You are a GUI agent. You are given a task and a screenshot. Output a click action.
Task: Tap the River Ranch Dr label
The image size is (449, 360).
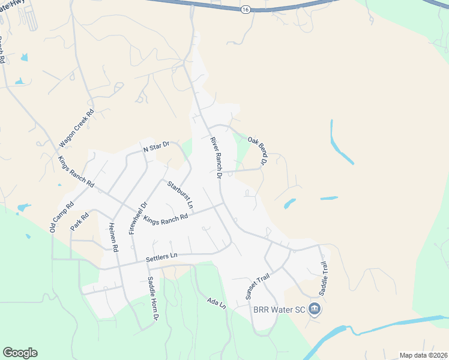coord(215,158)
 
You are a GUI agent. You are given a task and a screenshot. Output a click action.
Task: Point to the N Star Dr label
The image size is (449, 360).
coord(156,146)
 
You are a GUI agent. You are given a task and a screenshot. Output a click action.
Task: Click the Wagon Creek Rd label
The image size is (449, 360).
coord(77,128)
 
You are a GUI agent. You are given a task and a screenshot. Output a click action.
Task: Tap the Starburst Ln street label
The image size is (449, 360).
coord(180,194)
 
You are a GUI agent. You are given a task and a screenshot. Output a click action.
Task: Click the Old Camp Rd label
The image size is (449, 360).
coord(61,217)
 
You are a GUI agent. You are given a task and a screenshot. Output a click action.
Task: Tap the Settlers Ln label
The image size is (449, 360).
coord(161,257)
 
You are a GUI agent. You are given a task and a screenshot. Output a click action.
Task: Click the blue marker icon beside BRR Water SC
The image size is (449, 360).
coord(315,310)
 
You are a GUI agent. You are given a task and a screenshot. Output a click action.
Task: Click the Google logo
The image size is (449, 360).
coord(20,353)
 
